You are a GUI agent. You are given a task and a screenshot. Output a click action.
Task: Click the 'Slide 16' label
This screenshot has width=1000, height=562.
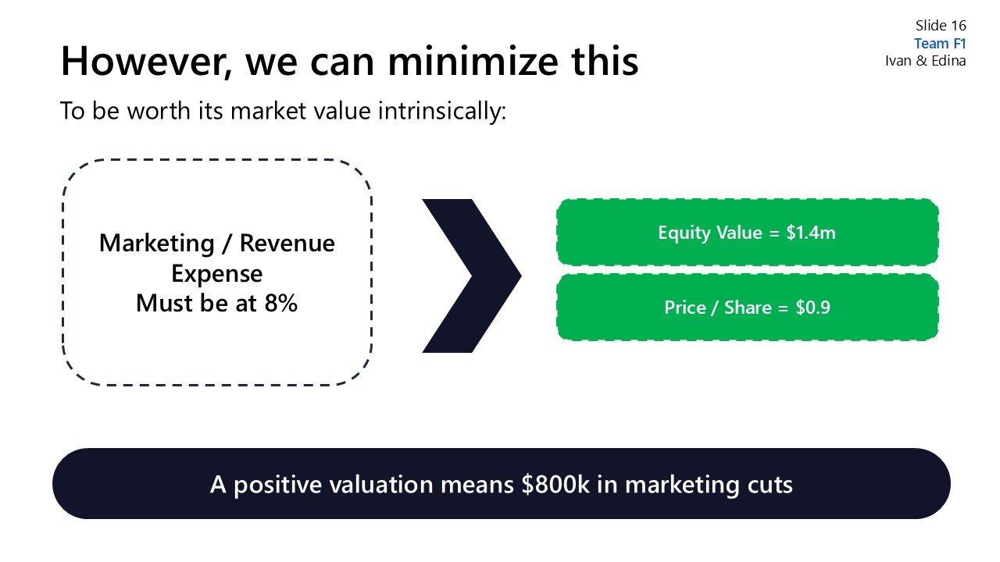pyautogui.click(x=941, y=26)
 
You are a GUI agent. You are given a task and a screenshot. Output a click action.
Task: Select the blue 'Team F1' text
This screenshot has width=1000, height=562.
pyautogui.click(x=940, y=44)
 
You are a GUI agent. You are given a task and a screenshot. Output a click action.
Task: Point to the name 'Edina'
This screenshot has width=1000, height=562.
pyautogui.click(x=948, y=61)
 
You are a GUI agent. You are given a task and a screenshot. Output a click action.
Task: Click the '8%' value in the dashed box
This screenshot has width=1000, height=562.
pyautogui.click(x=280, y=303)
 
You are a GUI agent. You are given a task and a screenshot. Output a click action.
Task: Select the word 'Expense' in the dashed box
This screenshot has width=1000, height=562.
pyautogui.click(x=216, y=273)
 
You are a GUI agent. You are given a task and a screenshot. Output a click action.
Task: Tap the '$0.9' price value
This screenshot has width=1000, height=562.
pyautogui.click(x=812, y=308)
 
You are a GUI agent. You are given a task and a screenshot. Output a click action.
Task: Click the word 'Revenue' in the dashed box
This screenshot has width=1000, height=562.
pyautogui.click(x=287, y=244)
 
